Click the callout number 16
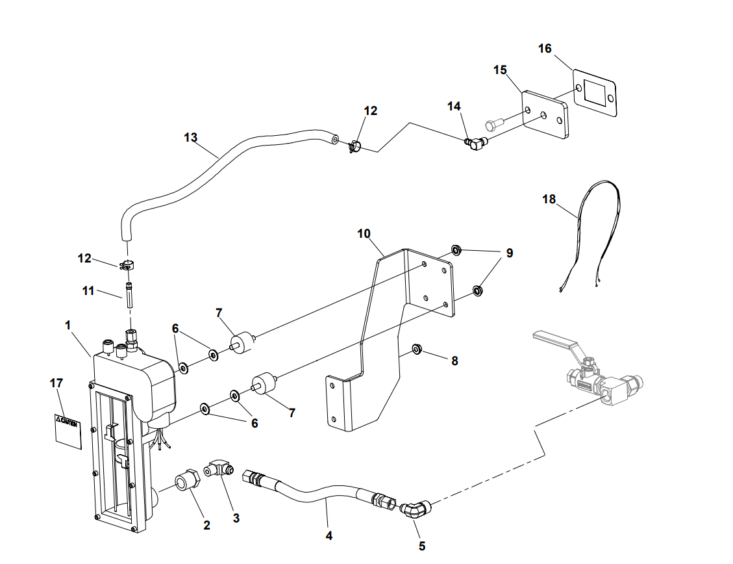(x=545, y=49)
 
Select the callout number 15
(x=500, y=70)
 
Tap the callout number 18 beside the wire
(x=549, y=199)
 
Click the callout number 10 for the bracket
(x=364, y=233)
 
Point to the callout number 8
(x=454, y=361)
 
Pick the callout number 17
(x=56, y=383)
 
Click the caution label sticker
(x=68, y=429)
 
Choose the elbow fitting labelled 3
(x=219, y=468)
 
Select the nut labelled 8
(x=417, y=351)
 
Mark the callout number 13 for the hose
(x=190, y=138)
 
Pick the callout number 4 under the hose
(x=329, y=536)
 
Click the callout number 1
(x=68, y=325)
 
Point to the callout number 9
(x=510, y=253)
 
